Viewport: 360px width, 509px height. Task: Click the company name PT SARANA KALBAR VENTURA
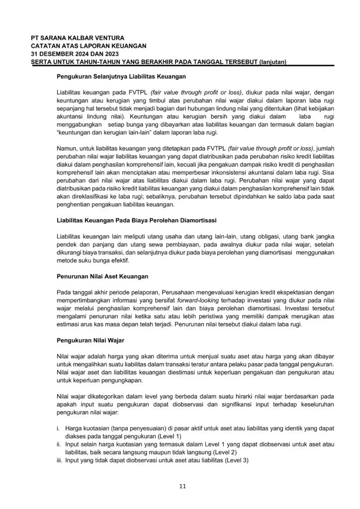77,38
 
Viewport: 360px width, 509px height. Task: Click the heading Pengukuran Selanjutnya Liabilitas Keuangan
121,77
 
